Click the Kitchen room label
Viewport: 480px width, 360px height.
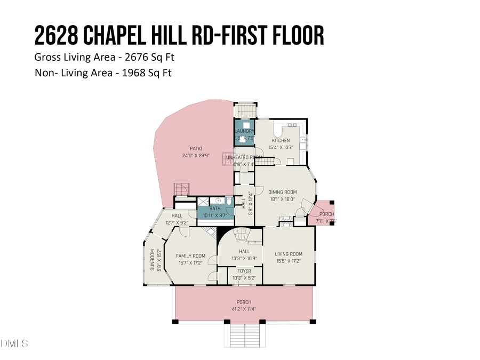281,141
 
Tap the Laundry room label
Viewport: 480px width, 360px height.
244,131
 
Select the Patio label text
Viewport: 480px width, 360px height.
196,149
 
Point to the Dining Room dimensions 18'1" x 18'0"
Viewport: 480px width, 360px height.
282,199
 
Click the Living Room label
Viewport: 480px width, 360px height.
289,254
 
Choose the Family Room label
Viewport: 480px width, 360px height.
190,256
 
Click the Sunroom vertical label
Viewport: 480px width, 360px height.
152,261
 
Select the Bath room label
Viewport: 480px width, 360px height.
215,209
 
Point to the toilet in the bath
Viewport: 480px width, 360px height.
229,201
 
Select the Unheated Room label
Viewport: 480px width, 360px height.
244,157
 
